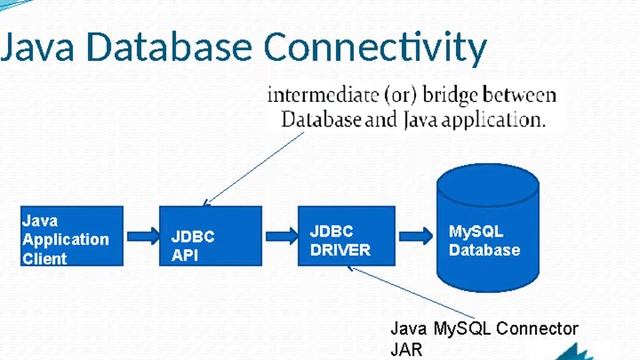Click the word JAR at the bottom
407,349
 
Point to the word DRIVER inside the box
340,249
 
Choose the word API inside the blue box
184,256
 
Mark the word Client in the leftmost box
45,259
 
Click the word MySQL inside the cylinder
471,232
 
